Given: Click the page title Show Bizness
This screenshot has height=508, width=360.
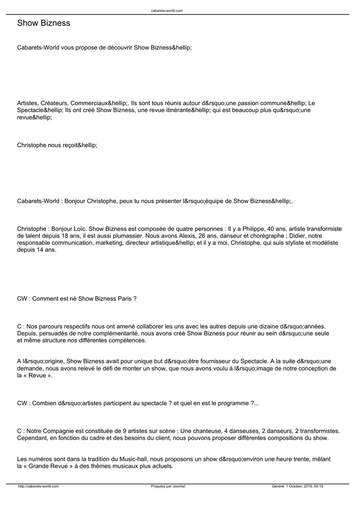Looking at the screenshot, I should click(44, 23).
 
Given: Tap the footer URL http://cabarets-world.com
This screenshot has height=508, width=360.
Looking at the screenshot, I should click(38, 487).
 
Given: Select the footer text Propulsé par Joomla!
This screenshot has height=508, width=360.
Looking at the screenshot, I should click(168, 487).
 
